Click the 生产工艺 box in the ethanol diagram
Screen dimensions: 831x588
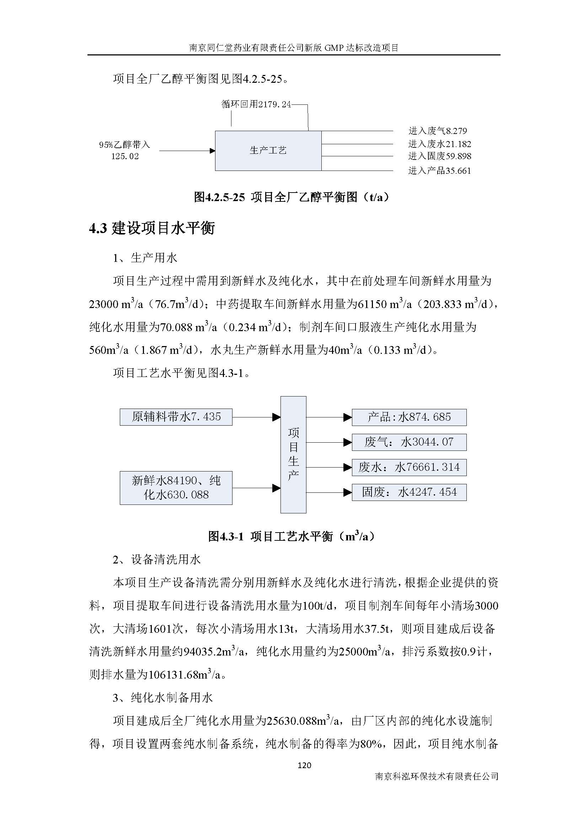(268, 151)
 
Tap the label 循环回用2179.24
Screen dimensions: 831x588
(256, 104)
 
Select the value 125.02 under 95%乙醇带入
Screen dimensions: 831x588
(125, 156)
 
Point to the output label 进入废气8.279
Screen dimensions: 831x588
(437, 131)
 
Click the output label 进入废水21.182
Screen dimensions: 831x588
(439, 144)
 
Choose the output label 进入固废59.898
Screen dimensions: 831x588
(439, 156)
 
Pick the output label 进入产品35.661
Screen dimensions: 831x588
(439, 171)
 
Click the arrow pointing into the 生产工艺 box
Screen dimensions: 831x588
(187, 151)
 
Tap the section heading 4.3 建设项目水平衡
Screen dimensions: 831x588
(152, 228)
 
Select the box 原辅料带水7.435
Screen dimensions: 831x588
(176, 417)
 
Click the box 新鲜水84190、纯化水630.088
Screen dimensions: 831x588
(176, 487)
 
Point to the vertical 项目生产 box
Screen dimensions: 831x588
(293, 455)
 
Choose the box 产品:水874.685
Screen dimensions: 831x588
(409, 417)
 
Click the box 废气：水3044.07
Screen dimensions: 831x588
(409, 442)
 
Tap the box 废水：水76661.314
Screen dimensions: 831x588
(409, 467)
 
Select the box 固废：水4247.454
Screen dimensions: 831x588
(409, 492)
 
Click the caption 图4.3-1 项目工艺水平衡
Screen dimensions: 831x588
(292, 536)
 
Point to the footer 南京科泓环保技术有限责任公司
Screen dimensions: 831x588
(437, 776)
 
